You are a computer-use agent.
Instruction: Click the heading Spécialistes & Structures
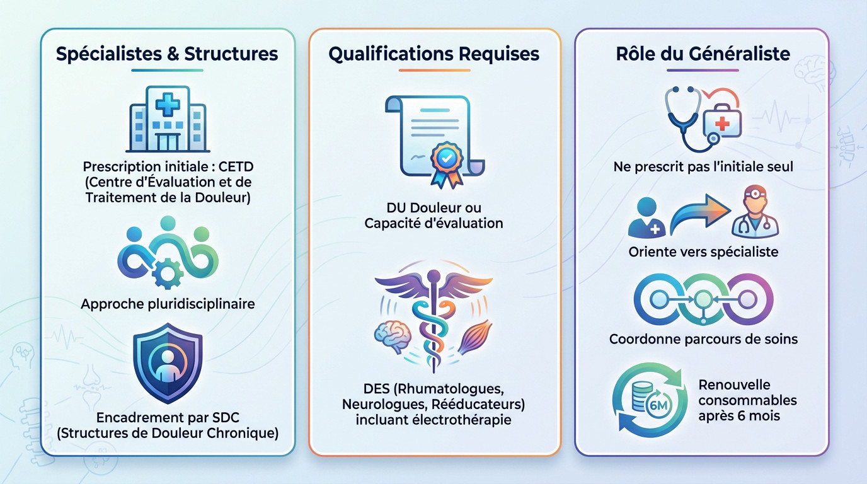(x=167, y=54)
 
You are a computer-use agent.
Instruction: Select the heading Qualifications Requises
(x=434, y=54)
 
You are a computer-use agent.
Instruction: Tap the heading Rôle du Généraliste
(x=703, y=54)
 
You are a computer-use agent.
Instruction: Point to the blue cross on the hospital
(x=167, y=102)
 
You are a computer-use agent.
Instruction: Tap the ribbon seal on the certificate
(x=446, y=160)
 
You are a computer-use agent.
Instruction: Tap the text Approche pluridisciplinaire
(x=168, y=304)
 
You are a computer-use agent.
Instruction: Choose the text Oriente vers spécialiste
(x=703, y=252)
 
